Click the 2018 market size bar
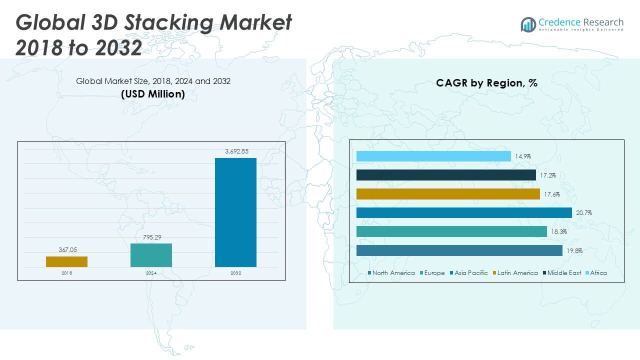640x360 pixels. (66, 261)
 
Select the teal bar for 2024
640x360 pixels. (151, 255)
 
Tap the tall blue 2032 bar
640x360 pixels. (235, 212)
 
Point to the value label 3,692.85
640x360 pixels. (235, 151)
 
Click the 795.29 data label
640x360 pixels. (151, 237)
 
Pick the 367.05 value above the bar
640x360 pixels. (66, 250)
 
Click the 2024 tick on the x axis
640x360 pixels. (151, 273)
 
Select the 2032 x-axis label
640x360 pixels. (235, 273)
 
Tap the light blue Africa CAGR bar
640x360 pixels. (433, 156)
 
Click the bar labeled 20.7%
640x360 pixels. (464, 213)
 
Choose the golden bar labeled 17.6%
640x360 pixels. (448, 194)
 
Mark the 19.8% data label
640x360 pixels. (574, 251)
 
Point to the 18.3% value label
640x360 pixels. (558, 232)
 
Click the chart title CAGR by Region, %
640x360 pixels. (486, 83)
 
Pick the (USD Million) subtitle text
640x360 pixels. (153, 93)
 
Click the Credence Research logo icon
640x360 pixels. (528, 24)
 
